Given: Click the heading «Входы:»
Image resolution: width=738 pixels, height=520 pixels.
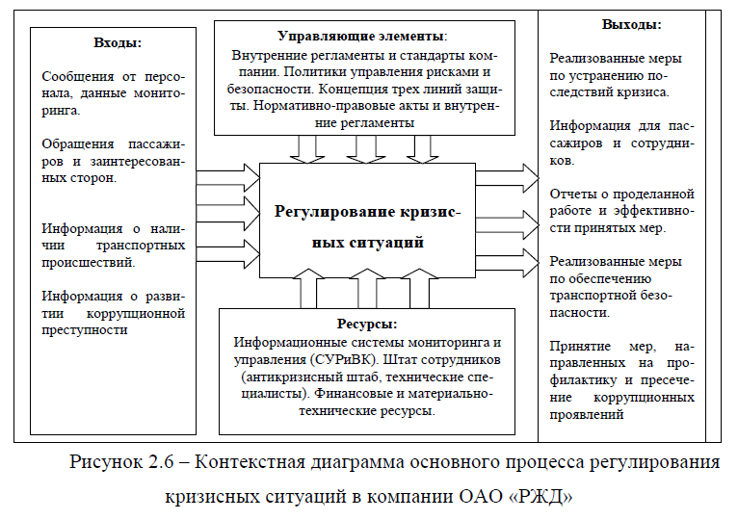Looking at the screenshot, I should tap(117, 42).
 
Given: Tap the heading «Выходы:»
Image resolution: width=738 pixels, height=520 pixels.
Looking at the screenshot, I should tap(631, 24).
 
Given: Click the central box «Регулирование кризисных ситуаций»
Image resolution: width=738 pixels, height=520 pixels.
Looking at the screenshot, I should tap(368, 227).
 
